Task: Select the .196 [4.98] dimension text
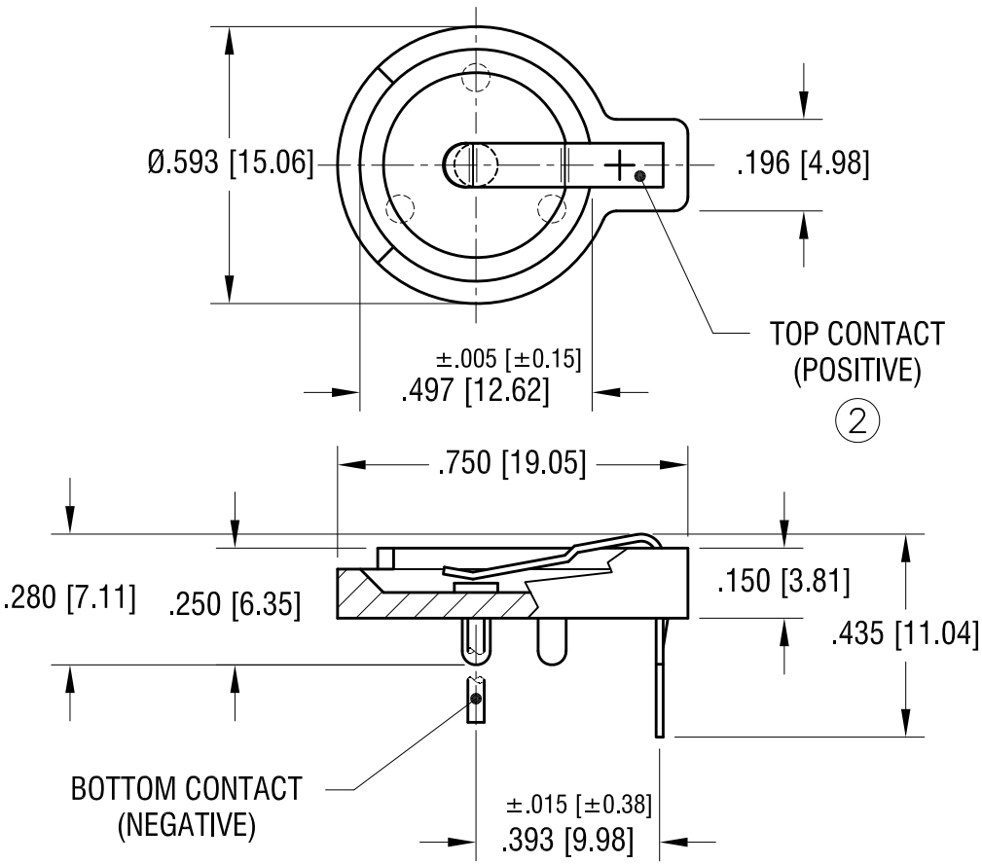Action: click(x=802, y=162)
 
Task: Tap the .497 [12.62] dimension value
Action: click(x=476, y=392)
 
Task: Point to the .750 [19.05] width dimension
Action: click(x=512, y=465)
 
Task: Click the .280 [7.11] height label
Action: click(x=69, y=596)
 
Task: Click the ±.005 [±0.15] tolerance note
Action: click(x=509, y=358)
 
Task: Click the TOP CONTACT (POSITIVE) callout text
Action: click(x=856, y=352)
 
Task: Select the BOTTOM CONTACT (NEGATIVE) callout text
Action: click(x=186, y=806)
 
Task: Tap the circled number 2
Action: click(x=857, y=421)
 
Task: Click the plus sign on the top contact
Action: click(x=619, y=164)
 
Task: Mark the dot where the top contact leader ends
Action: click(x=639, y=176)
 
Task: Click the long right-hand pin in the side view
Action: click(x=661, y=681)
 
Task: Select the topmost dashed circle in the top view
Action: click(x=476, y=77)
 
